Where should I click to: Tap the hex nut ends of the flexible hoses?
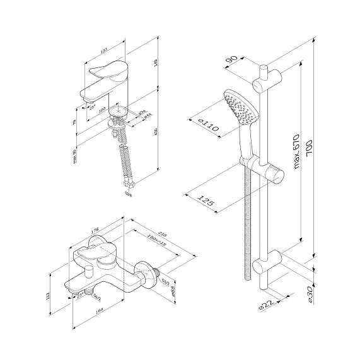pos(129,186)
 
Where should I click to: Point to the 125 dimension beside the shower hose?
pos(207,204)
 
